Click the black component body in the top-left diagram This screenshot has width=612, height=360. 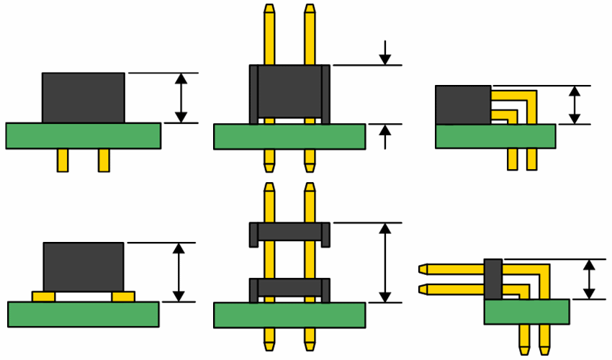(83, 97)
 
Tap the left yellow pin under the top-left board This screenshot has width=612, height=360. (63, 160)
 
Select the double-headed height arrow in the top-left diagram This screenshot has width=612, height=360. (181, 97)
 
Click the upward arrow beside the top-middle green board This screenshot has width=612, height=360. (385, 136)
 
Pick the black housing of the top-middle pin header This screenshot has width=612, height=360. (289, 91)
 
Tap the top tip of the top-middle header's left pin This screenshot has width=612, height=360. (269, 10)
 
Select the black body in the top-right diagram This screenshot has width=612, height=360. (462, 104)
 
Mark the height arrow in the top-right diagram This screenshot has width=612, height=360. (574, 105)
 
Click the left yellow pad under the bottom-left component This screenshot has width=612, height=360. (43, 296)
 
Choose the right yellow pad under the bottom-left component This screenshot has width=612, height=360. (123, 296)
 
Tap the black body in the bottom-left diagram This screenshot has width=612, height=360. (83, 266)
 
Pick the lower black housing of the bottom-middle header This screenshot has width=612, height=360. (289, 287)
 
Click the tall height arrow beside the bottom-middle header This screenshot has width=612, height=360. (385, 262)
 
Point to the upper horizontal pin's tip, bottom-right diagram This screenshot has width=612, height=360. (423, 269)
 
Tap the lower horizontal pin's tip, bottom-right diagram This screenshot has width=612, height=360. (423, 289)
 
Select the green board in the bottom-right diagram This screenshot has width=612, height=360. (526, 312)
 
